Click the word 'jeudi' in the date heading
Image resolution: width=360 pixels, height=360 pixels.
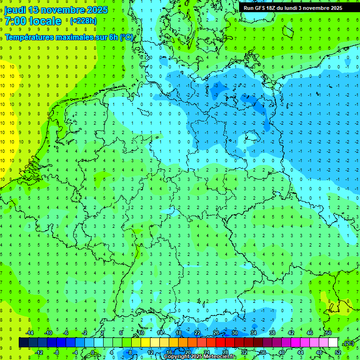[15, 10]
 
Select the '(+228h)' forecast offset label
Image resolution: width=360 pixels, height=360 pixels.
[83, 21]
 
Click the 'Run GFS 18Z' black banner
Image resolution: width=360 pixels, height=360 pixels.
[293, 8]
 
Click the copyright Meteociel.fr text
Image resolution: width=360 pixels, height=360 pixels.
[200, 357]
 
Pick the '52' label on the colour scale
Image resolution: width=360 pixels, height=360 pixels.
[338, 352]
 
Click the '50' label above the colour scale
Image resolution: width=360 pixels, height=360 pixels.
[329, 333]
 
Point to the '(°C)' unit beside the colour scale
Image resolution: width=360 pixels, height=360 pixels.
[348, 343]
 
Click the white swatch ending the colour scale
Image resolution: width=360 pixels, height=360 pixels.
[333, 343]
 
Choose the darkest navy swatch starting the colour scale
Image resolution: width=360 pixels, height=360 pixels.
[23, 343]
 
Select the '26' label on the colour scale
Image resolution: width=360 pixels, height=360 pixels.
[216, 333]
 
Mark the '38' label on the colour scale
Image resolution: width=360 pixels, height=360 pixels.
[272, 333]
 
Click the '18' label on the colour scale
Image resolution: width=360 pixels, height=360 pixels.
[179, 333]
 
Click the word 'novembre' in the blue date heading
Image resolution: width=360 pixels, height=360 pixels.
[61, 10]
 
